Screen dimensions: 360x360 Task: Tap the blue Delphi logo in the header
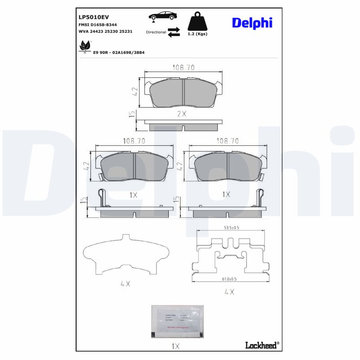[252, 22]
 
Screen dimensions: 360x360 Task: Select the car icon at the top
[162, 17]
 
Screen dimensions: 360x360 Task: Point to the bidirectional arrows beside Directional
[174, 32]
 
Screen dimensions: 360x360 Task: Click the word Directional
[156, 32]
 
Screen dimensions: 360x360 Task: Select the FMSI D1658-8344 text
[98, 25]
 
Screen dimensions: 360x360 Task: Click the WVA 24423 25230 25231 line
[105, 32]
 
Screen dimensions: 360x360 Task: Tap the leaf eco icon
[84, 46]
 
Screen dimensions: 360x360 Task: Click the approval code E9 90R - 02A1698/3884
[119, 53]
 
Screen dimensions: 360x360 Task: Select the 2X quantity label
[181, 114]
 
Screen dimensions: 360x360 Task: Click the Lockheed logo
[262, 345]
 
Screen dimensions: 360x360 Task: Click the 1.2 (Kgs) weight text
[198, 34]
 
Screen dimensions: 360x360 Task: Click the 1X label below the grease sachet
[175, 346]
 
